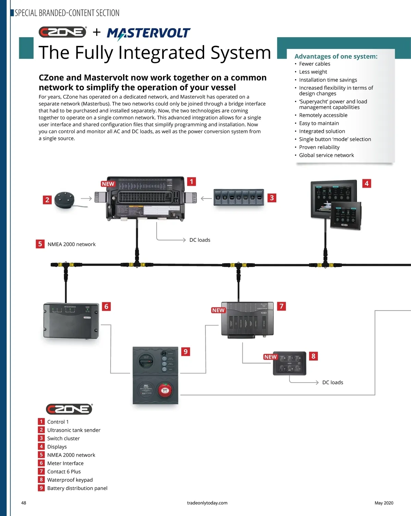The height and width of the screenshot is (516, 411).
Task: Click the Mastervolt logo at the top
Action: tap(148, 33)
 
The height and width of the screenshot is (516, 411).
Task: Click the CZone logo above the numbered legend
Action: tap(69, 409)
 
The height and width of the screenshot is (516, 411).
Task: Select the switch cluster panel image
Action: tap(239, 198)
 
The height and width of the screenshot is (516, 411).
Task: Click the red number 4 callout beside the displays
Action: tap(366, 184)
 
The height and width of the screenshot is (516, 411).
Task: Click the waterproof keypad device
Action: tap(289, 363)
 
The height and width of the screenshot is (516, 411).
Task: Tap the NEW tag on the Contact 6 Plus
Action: tap(218, 310)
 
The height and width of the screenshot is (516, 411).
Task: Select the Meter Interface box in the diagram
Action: tap(71, 320)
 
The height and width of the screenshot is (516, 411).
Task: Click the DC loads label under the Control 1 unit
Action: tap(200, 240)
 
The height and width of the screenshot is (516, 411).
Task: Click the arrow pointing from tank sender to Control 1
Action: tap(86, 198)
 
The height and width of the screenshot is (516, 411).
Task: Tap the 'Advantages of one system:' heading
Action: tap(336, 56)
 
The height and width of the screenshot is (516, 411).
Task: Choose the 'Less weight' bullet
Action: tap(313, 72)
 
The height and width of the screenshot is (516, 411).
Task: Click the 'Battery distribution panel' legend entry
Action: tap(77, 488)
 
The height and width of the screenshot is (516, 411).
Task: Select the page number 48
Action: tap(24, 503)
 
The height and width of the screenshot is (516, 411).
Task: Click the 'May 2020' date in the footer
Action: tap(384, 503)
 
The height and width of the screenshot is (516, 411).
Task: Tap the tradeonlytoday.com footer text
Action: tap(207, 503)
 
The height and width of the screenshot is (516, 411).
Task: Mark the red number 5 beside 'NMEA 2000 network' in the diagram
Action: tap(40, 244)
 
